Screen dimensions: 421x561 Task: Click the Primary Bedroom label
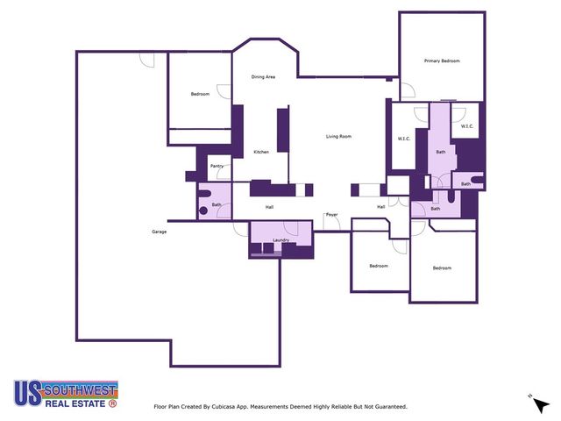point(442,61)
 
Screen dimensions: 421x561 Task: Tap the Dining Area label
point(264,77)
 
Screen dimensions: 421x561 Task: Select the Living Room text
point(338,136)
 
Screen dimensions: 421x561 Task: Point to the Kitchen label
point(261,153)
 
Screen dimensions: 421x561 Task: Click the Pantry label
point(216,166)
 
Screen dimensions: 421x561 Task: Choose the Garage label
point(159,232)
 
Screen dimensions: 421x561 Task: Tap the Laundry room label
point(280,239)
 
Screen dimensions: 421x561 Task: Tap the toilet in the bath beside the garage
point(203,210)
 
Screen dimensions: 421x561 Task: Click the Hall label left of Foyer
point(270,207)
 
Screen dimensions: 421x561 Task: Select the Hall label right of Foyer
point(381,207)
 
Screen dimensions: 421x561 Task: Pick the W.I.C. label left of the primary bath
point(404,139)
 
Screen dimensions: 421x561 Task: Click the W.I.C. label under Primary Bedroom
point(466,127)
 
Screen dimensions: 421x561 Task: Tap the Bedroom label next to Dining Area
point(200,94)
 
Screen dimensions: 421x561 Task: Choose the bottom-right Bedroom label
point(441,268)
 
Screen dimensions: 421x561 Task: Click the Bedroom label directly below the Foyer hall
point(378,266)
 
